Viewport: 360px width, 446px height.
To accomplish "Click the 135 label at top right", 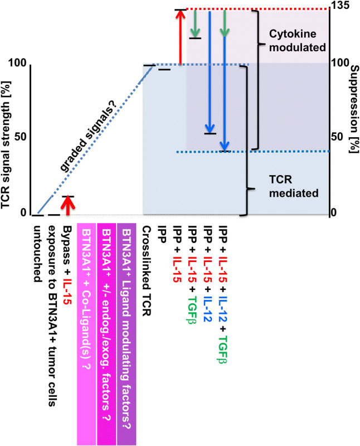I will [341, 6].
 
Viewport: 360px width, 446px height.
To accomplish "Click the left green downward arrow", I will [195, 23].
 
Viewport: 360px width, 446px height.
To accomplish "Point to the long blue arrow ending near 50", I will [210, 72].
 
